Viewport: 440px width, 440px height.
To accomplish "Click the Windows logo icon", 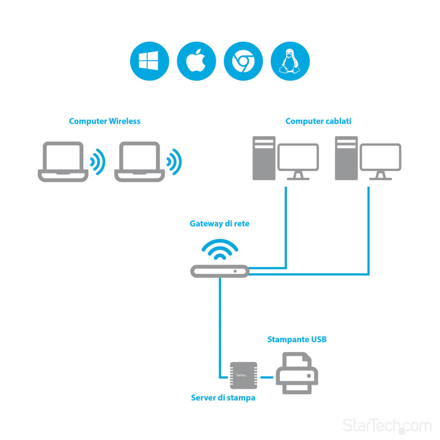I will (x=149, y=61).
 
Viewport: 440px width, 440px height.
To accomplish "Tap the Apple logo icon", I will (x=196, y=61).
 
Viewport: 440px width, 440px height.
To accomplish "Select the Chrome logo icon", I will (x=243, y=61).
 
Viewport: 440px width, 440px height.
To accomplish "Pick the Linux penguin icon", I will (x=290, y=61).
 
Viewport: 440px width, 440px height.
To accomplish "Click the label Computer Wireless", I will (x=105, y=121).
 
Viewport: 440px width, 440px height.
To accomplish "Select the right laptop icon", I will (x=139, y=162).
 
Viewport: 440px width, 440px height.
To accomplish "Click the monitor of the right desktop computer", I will (x=380, y=159).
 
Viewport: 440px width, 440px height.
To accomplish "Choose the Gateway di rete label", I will (x=219, y=224).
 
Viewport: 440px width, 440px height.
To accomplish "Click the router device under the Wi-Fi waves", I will (x=219, y=271).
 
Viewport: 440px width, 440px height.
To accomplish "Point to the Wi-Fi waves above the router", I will (x=219, y=249).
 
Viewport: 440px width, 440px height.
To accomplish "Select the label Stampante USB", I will (x=296, y=339).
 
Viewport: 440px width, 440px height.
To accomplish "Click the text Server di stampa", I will (x=222, y=398).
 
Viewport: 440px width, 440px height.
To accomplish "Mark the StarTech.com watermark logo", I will (x=387, y=424).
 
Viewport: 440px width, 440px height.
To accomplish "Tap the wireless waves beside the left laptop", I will (x=97, y=162).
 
